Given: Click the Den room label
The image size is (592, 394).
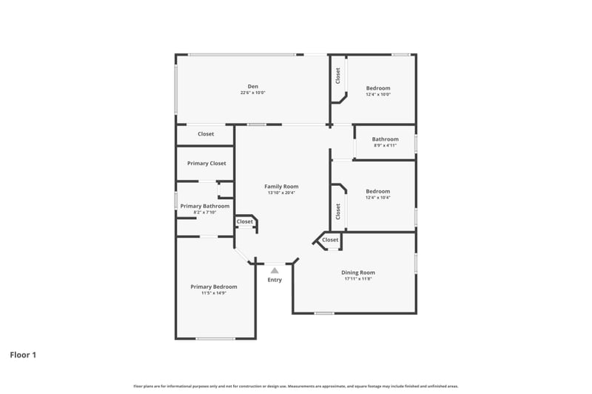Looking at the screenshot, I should click(252, 86).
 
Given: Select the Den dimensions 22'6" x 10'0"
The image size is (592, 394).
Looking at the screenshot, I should click(252, 93).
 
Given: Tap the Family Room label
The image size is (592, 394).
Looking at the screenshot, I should click(281, 186).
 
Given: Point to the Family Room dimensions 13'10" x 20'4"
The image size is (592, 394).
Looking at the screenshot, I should click(281, 193).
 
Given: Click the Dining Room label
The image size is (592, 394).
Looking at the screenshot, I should click(358, 273).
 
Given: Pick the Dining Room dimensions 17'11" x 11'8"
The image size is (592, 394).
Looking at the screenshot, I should click(358, 279).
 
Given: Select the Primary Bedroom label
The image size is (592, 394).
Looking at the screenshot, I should click(214, 287).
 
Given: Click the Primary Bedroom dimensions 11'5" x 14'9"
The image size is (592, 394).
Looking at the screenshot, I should click(214, 293).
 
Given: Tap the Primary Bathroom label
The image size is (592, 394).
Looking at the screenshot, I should click(205, 206).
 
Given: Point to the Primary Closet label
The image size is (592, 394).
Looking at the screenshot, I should click(206, 163).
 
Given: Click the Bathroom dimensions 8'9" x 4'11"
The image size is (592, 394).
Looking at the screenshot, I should click(385, 146).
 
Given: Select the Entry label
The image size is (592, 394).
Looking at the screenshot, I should click(275, 280).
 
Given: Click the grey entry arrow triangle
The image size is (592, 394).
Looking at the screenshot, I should click(275, 271).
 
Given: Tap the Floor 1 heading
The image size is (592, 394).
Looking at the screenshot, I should click(23, 355).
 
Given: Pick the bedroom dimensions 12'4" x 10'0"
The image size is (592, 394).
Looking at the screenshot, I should click(377, 95).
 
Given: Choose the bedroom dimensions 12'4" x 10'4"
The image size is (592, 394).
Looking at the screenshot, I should click(377, 198).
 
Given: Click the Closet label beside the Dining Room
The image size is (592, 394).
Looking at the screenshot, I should click(330, 240).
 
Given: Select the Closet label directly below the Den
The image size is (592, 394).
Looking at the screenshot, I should click(206, 134).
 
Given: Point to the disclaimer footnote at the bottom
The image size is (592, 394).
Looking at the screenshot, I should click(296, 386).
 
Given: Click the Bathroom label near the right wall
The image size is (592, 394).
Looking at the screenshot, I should click(385, 139).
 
